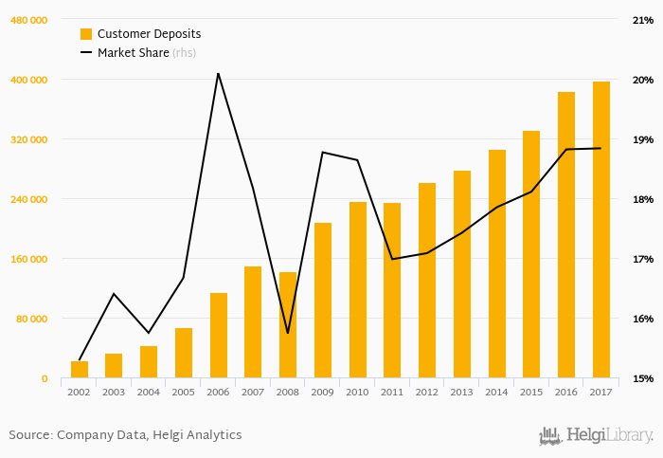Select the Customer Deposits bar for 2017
(x=601, y=230)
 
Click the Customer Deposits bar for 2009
(x=323, y=301)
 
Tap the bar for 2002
(x=80, y=370)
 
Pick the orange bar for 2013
(x=462, y=275)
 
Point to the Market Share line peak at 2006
(x=218, y=73)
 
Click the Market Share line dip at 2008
(x=288, y=333)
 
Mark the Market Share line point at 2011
(x=392, y=259)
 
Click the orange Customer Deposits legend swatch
(x=86, y=34)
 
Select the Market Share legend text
(x=134, y=53)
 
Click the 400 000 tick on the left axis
(x=29, y=80)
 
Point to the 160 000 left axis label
(x=29, y=259)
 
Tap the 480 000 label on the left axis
(x=29, y=20)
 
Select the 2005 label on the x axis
(x=184, y=392)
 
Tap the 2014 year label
(x=497, y=392)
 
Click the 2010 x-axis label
(x=358, y=392)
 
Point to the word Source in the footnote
(x=30, y=435)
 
